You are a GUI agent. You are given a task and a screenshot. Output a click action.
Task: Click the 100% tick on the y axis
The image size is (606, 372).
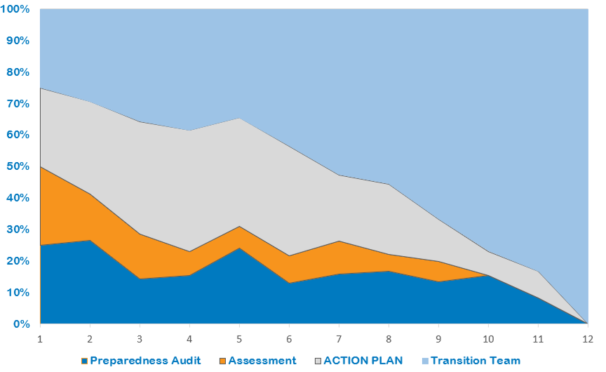15,9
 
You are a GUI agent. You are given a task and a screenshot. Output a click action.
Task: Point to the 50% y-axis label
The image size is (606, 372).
18,166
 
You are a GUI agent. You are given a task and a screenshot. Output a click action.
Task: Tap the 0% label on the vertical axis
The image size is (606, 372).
21,324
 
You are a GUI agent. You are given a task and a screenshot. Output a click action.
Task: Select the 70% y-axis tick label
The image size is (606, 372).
18,104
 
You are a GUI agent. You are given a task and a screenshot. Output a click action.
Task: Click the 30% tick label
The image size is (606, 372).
18,230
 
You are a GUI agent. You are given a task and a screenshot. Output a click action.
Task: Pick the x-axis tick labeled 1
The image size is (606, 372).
40,338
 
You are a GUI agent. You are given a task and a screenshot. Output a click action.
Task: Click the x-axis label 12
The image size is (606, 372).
586,338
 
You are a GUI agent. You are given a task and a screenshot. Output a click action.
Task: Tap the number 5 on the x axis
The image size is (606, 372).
238,338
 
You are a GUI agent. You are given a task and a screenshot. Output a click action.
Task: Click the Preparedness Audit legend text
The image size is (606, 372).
145,361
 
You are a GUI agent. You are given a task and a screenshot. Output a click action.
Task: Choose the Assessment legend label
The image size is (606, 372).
262,361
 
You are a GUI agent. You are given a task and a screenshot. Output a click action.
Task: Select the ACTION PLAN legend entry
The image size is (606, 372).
363,361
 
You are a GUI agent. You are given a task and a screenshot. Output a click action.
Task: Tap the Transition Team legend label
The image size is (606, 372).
475,361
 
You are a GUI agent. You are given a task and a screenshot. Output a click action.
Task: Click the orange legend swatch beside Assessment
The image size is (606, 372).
222,361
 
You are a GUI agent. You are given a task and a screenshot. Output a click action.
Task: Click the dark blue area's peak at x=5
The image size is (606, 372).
238,248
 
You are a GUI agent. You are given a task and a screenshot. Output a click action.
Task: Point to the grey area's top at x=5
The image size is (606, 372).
238,118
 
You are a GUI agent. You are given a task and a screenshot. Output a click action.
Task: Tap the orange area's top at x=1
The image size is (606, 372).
40,166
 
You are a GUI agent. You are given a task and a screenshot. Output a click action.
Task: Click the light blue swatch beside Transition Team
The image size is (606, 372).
424,361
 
